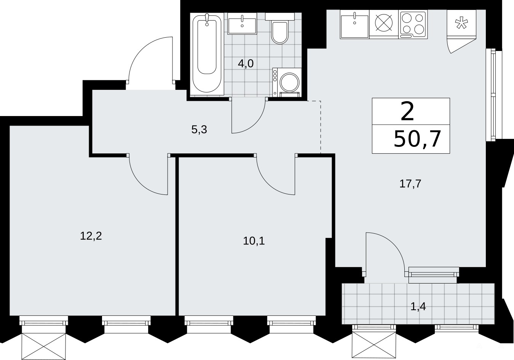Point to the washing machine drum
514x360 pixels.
point(289,82)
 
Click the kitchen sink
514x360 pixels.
point(355,24)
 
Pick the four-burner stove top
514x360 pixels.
point(413,24)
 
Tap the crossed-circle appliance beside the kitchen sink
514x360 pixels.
point(384,23)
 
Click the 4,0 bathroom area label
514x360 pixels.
point(246,64)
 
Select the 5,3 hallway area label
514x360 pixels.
point(199,129)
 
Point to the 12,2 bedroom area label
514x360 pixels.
point(91,236)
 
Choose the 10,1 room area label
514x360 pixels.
point(254,241)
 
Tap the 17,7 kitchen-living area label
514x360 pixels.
point(410,184)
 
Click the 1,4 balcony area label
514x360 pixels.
point(418,307)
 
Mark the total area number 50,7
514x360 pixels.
point(417,139)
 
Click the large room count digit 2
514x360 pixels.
point(407,112)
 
